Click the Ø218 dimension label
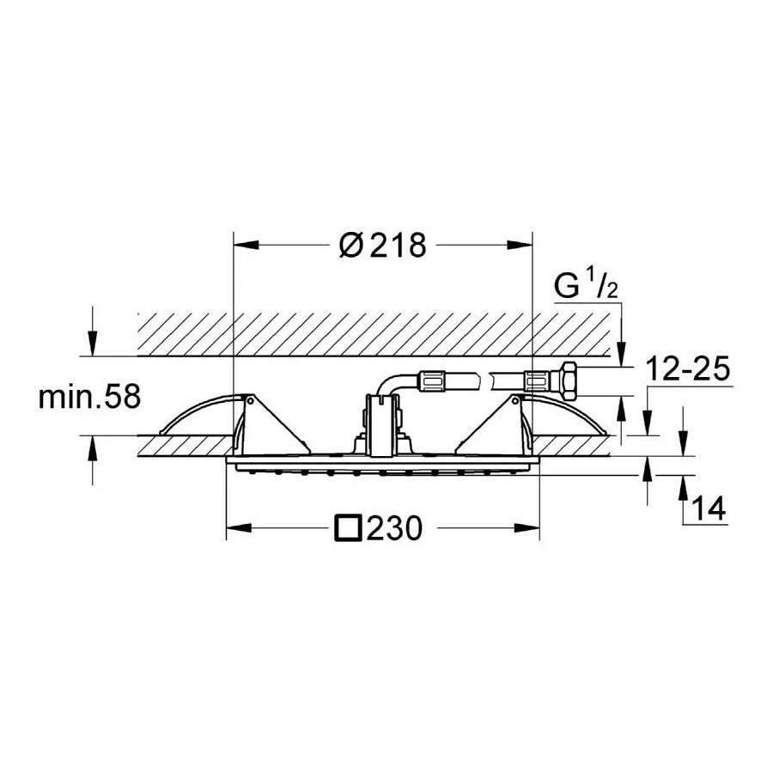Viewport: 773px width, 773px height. click(x=382, y=245)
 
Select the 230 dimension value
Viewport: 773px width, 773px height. click(x=394, y=528)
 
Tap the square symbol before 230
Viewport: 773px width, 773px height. click(x=348, y=528)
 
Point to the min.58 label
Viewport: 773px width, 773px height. click(x=89, y=396)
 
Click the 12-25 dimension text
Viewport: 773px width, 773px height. click(x=687, y=368)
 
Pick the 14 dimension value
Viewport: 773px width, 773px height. click(x=709, y=508)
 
